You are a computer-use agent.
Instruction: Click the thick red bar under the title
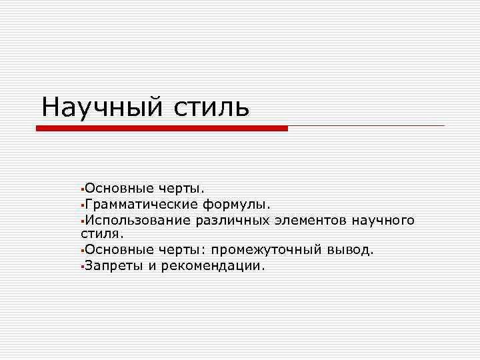[161, 128]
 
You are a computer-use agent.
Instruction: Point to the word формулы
[241, 205]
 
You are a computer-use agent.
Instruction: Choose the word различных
[233, 220]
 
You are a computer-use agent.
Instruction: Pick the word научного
[385, 220]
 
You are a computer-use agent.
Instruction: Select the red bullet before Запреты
[80, 267]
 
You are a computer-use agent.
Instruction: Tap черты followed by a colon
[181, 250]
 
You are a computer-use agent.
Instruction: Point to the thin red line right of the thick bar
[366, 125]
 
